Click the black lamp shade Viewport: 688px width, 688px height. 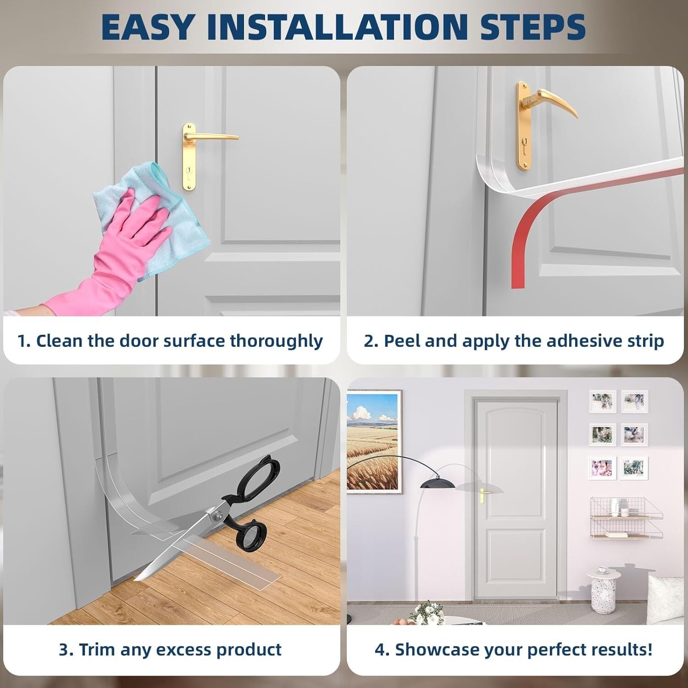click(438, 483)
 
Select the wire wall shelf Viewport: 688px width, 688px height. click(626, 518)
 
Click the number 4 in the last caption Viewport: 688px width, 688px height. click(380, 650)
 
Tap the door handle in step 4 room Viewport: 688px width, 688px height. click(484, 494)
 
